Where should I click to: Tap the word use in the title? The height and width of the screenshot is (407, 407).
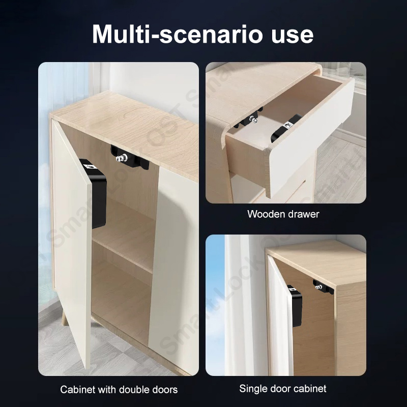pyautogui.click(x=289, y=34)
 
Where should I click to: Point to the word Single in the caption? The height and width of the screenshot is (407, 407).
pyautogui.click(x=253, y=389)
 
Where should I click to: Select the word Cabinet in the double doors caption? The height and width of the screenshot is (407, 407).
pyautogui.click(x=78, y=390)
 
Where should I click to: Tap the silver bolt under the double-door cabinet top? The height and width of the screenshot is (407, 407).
pyautogui.click(x=121, y=159)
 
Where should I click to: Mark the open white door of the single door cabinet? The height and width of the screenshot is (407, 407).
pyautogui.click(x=279, y=321)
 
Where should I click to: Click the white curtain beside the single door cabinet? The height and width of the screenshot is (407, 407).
pyautogui.click(x=239, y=305)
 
